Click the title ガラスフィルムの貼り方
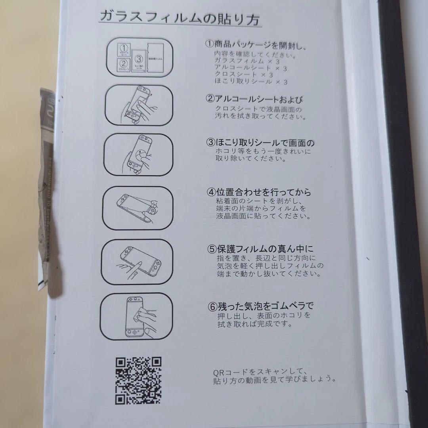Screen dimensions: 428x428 tap(179, 18)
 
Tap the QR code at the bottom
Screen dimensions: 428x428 tap(138, 380)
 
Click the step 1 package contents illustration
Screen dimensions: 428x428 tap(139, 57)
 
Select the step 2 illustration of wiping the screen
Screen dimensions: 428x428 tap(139, 105)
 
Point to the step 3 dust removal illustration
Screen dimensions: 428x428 tap(139, 155)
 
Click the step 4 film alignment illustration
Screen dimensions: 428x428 tap(138, 207)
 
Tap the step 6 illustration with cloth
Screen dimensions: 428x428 tap(136, 316)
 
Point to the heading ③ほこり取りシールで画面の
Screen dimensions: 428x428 tap(260, 143)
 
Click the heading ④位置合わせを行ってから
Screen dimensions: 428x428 tap(259, 193)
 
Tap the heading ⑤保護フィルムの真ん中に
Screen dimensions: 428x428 tap(260, 249)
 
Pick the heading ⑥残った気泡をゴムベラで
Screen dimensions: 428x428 tap(260, 306)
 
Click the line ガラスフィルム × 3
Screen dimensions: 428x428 tap(248, 61)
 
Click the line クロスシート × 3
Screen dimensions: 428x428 tap(244, 75)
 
